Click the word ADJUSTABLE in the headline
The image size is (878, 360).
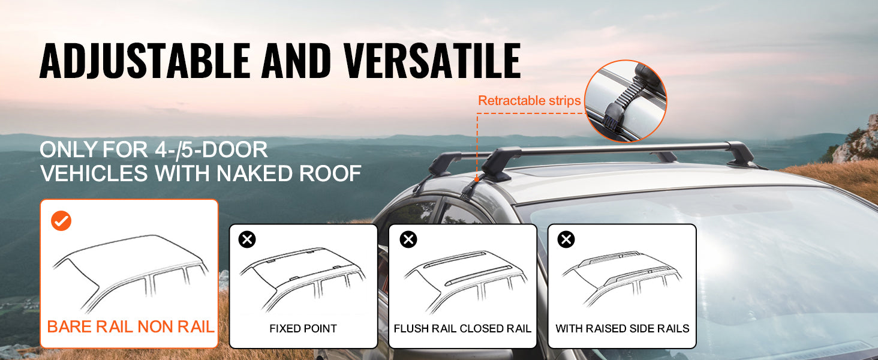[x=145, y=61]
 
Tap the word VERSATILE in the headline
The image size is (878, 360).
[x=432, y=61]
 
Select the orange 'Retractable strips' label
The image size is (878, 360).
[x=529, y=100]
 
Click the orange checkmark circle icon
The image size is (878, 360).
[x=61, y=221]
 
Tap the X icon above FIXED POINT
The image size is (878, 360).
[x=247, y=239]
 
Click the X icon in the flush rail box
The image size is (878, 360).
[x=408, y=239]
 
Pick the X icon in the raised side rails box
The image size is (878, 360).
[x=566, y=239]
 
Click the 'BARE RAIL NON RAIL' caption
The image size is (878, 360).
[x=131, y=326]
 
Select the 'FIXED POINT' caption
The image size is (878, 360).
[x=303, y=329]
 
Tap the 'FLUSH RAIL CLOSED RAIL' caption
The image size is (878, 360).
[x=462, y=329]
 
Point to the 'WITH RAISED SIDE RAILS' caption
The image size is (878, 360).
[x=622, y=329]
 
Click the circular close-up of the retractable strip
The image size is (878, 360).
[x=625, y=101]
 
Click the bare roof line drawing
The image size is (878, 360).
[x=131, y=271]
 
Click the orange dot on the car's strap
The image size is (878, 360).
[x=477, y=179]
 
